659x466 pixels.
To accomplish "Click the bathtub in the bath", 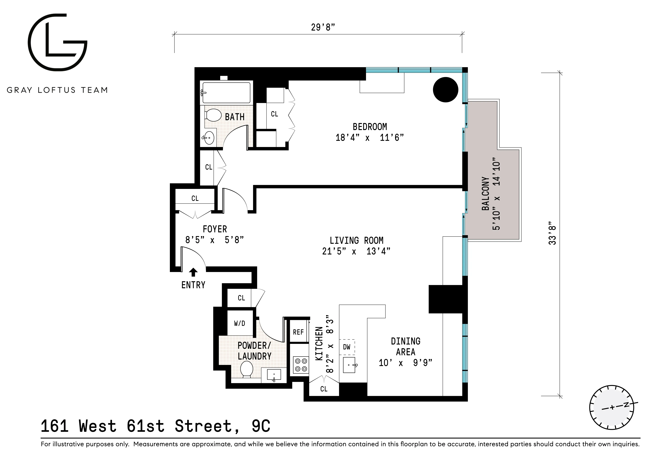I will [x=226, y=93].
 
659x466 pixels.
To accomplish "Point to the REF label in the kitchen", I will [x=298, y=332].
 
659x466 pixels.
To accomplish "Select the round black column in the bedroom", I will [x=445, y=90].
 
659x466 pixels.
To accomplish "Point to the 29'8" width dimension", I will [x=323, y=27].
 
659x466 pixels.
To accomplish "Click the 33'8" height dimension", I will [x=552, y=233].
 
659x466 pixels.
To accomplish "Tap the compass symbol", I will [x=612, y=407].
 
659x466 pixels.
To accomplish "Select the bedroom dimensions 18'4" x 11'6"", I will [x=370, y=137].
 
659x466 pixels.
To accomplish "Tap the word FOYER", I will [x=215, y=229].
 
